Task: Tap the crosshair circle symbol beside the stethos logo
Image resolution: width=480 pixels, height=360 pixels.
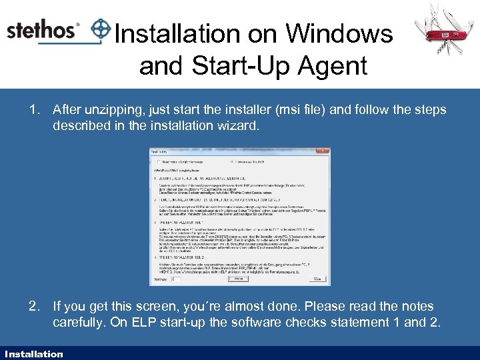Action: point(101,29)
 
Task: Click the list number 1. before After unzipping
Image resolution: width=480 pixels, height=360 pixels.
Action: point(35,109)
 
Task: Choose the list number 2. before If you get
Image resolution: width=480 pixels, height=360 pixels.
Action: point(35,307)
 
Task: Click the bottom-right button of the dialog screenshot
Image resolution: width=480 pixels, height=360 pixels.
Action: point(319,278)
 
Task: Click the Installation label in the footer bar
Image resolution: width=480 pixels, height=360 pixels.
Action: point(33,354)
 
